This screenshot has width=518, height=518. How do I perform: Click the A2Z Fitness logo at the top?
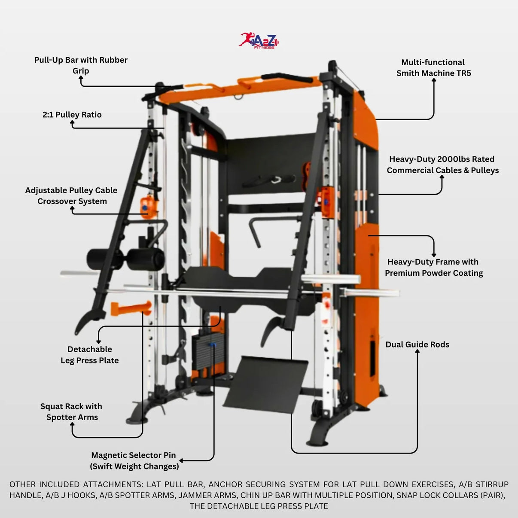[259, 40]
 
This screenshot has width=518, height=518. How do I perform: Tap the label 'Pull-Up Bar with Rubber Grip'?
[81, 65]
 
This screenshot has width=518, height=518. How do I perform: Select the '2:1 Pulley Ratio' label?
[72, 115]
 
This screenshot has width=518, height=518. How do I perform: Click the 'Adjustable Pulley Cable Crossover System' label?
[71, 195]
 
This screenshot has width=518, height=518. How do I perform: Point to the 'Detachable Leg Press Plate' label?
[89, 355]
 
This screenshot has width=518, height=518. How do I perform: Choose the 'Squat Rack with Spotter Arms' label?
[71, 411]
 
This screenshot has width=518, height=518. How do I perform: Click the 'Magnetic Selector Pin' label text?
[134, 455]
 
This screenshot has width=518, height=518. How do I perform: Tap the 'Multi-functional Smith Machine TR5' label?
[433, 67]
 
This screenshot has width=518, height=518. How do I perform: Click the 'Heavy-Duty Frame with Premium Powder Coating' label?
[433, 267]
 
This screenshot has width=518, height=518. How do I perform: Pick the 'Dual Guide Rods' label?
[417, 344]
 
